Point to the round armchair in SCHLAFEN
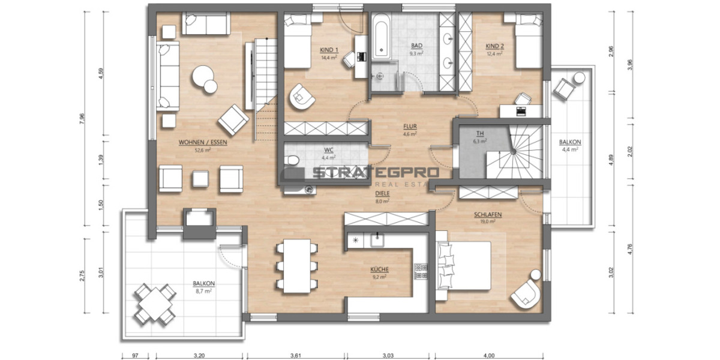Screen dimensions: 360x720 coord(527,292)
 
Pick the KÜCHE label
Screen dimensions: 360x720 coord(378,270)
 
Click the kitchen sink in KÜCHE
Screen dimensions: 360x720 coord(377,239)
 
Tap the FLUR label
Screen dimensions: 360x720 coord(410,127)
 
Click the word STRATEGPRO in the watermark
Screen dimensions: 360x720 coord(375,173)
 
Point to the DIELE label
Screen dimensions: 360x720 coord(382,194)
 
